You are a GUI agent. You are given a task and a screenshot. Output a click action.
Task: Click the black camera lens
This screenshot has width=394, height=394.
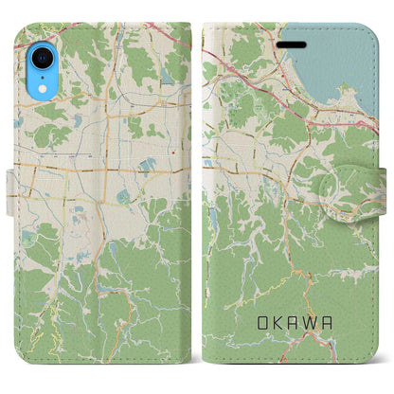(40, 57)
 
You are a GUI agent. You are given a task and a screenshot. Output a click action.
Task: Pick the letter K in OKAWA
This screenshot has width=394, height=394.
(278, 324)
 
